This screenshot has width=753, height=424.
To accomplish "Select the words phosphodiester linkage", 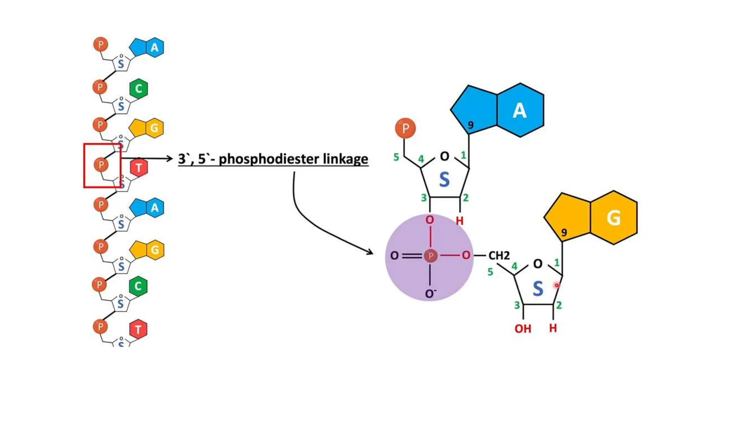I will tap(293, 159).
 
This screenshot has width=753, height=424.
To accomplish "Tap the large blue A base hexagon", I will tap(520, 110).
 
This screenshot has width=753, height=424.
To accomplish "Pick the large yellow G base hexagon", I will tap(614, 218).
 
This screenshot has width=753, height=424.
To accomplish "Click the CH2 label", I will tap(499, 255).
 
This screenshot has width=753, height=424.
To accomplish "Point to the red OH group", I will tap(522, 329).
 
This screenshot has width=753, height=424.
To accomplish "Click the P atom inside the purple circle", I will tap(431, 255).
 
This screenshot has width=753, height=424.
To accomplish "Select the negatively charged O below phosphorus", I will tap(430, 294).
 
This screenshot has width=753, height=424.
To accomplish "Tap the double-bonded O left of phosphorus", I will tap(394, 255).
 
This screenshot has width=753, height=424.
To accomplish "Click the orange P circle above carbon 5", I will tap(405, 128).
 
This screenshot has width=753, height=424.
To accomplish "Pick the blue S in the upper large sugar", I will tap(444, 180).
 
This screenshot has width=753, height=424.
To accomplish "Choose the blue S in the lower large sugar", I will tap(538, 289).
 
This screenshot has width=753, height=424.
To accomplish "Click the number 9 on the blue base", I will tap(471, 125).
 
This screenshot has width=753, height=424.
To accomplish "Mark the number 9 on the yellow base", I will tap(564, 232).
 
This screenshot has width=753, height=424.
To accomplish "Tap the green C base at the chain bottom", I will tap(138, 286).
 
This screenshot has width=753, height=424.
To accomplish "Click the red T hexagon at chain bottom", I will tap(138, 329).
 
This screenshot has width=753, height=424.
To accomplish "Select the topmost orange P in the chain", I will tap(100, 45).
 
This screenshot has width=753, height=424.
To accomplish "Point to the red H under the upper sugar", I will tap(460, 221).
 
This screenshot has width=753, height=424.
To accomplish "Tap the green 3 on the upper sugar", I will tap(424, 198).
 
